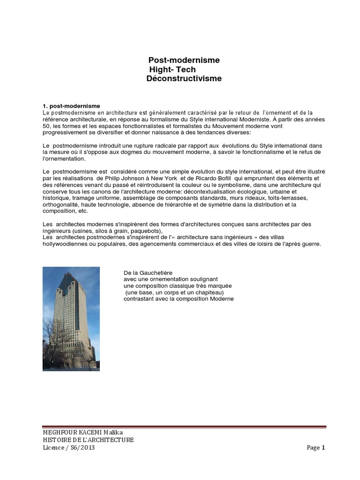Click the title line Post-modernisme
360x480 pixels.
tap(184, 60)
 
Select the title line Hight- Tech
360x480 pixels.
tap(172, 70)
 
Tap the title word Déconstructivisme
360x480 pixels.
tap(184, 79)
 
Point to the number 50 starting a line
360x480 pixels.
tap(46, 126)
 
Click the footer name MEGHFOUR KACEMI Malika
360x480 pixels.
tap(82, 432)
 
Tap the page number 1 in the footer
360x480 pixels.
tap(323, 448)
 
